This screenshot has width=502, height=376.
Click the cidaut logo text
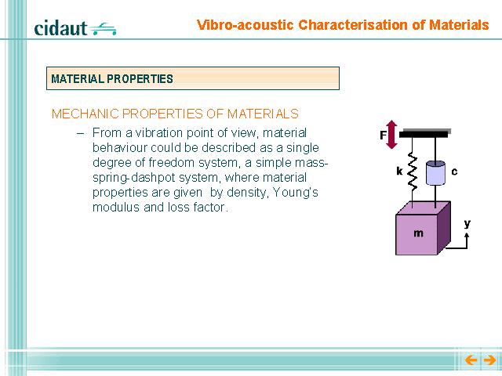click(60, 28)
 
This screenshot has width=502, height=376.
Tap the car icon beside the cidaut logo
click(103, 29)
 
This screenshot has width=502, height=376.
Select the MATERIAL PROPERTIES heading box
click(193, 78)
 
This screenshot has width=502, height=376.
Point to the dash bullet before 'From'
click(80, 134)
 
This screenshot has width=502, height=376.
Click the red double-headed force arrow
click(391, 135)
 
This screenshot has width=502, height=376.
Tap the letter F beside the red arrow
click(383, 136)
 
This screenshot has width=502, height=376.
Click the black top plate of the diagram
click(424, 135)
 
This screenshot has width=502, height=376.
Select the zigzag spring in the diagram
click(412, 172)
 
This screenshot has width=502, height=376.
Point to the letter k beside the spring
click(399, 172)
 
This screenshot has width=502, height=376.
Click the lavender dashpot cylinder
click(435, 172)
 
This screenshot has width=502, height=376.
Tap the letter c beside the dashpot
click(454, 172)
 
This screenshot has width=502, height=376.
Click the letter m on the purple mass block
click(418, 233)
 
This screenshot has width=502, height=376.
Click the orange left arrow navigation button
click(471, 360)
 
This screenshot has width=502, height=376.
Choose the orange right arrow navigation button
click(489, 360)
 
